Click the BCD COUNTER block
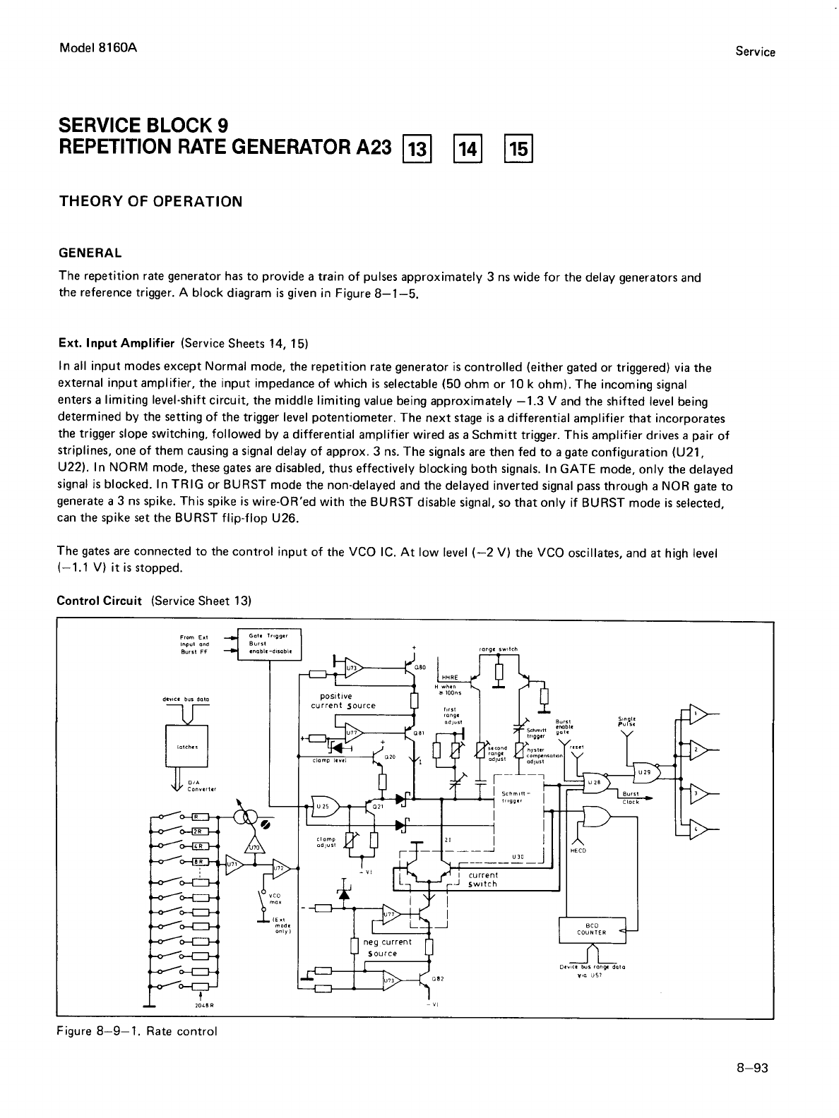[x=592, y=930]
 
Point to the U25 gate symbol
[x=323, y=806]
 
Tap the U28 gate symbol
[x=595, y=782]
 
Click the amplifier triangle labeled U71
[x=233, y=864]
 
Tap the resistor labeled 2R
[x=200, y=830]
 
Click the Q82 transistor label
[x=436, y=979]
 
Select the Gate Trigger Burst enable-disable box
[x=270, y=643]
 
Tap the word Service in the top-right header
[x=755, y=52]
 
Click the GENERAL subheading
[x=90, y=253]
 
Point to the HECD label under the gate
[x=578, y=850]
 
